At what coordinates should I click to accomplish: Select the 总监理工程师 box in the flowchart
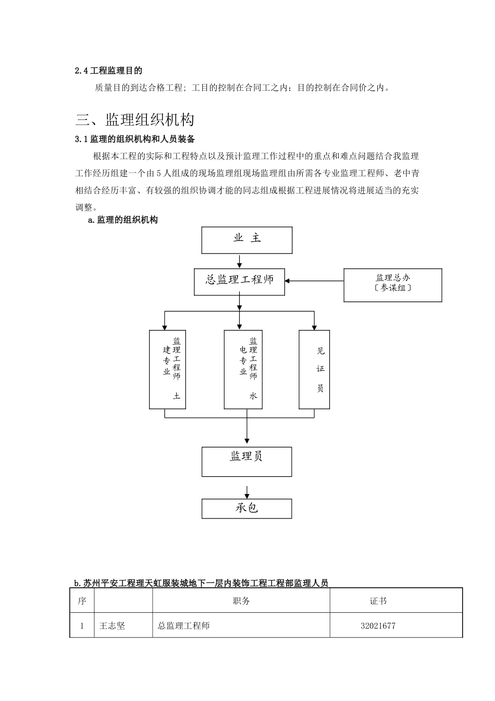tap(239, 282)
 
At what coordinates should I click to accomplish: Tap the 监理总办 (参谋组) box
tap(392, 285)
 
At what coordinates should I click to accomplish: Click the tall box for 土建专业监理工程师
tap(168, 369)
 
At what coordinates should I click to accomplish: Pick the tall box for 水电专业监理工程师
tap(243, 369)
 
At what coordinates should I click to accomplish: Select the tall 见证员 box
tap(314, 369)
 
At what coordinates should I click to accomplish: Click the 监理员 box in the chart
tap(246, 461)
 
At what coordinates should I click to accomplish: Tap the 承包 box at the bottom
tap(246, 509)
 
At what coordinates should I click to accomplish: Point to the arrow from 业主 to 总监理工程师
tap(239, 261)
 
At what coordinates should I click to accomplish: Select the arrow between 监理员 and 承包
tap(246, 492)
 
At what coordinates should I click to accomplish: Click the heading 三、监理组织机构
tap(135, 120)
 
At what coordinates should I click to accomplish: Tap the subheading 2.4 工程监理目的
tap(108, 70)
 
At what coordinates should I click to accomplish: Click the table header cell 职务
tap(241, 601)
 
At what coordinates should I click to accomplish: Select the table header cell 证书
tap(378, 601)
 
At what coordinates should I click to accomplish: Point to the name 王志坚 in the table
tap(112, 625)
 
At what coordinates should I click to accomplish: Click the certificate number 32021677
tap(378, 625)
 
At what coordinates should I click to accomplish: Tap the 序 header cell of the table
tap(82, 601)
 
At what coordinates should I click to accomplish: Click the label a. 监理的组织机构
tap(123, 220)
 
